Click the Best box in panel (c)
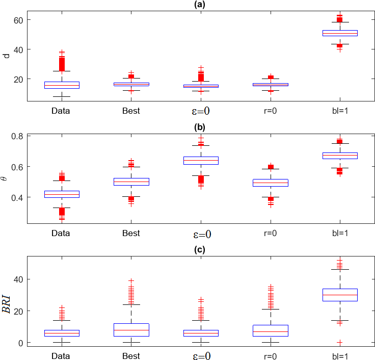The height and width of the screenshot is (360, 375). coord(131,330)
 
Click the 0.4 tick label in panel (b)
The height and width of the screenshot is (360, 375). coord(17,197)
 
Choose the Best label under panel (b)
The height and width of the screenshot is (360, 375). coord(131,234)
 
